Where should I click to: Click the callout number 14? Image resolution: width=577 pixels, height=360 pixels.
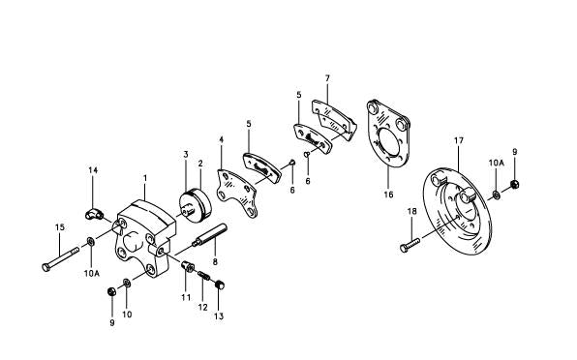[x=93, y=170]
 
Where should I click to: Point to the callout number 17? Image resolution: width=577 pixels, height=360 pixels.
[x=459, y=141]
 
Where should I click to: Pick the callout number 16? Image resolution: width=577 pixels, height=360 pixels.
[x=389, y=195]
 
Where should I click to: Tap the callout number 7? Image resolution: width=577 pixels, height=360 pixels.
[x=327, y=77]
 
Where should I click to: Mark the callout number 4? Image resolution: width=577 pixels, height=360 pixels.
[x=222, y=140]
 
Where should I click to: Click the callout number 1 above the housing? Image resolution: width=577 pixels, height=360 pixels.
[x=144, y=178]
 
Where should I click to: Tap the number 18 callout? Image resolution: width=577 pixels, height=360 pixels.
[x=411, y=211]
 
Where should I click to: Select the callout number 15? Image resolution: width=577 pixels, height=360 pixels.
[x=59, y=227]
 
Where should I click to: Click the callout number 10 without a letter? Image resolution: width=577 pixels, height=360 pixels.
[x=127, y=315]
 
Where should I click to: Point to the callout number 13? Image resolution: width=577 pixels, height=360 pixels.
[x=218, y=316]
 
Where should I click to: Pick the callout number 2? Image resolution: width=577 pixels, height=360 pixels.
[x=200, y=164]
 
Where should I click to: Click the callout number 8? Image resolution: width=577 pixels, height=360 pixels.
[x=213, y=261]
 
